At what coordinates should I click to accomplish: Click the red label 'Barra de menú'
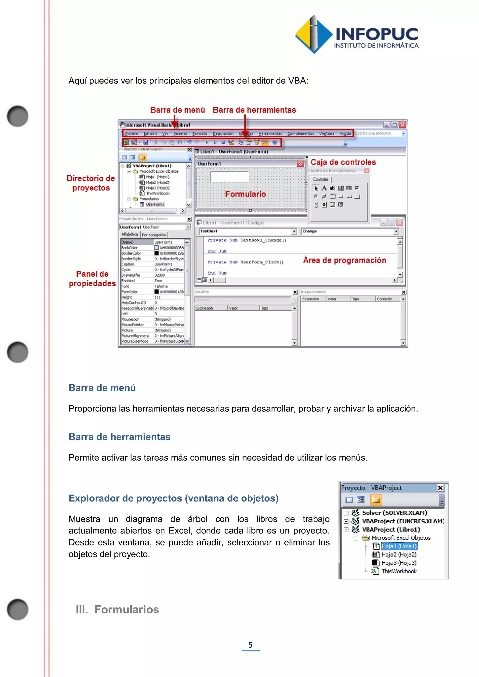[177, 110]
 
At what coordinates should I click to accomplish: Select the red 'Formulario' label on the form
[245, 194]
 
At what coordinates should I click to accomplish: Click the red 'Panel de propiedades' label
[92, 278]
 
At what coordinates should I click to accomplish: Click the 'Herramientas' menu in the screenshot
[270, 133]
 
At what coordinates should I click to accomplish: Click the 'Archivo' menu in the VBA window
[131, 133]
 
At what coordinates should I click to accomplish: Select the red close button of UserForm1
[300, 164]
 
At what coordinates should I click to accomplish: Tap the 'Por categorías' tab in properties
[154, 235]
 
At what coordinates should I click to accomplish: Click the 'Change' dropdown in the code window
[350, 231]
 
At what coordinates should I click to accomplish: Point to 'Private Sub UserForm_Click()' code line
[245, 262]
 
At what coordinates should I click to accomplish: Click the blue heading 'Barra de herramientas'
[120, 437]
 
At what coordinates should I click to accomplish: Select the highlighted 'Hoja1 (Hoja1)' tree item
[399, 546]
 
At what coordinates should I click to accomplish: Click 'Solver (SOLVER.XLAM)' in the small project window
[394, 513]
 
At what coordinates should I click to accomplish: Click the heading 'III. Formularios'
[117, 609]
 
